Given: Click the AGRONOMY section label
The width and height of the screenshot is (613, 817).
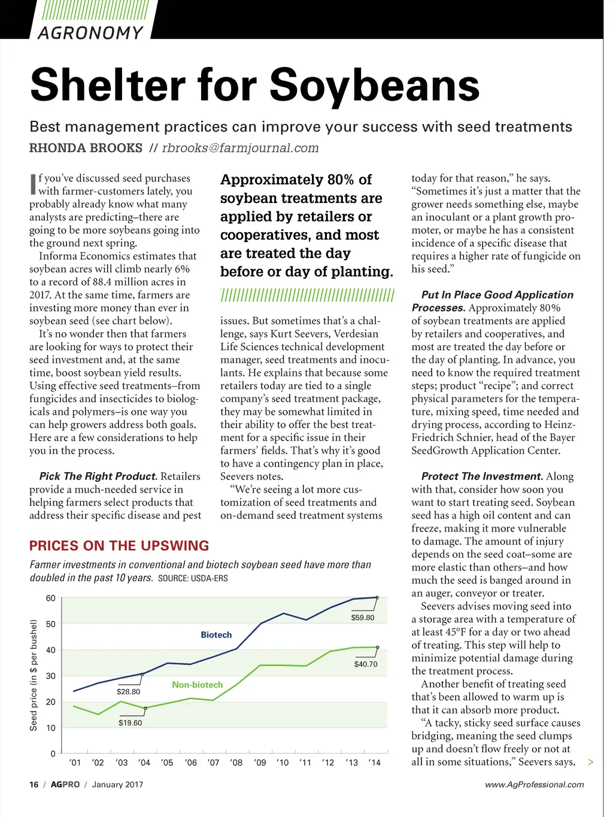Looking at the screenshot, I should coord(90,32).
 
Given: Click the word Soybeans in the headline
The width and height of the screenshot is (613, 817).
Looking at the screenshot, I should coord(375,85).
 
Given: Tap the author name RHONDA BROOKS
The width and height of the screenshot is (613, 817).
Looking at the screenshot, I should coord(86,148).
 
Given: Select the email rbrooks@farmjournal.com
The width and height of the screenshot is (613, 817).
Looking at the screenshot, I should coord(240,148).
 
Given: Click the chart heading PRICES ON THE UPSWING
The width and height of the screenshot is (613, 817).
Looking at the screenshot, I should coord(119,545).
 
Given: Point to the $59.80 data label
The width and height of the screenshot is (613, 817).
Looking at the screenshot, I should coord(362,618).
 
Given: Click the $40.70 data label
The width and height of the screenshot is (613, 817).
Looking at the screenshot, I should coord(366,664).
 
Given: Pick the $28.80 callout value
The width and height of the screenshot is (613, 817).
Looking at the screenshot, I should coord(128,691).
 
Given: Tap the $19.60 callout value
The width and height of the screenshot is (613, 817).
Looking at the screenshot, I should coord(130,722).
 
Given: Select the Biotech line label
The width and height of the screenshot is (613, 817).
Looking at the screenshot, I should coord(216,634).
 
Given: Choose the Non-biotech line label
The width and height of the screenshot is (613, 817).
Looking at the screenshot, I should coord(197,685).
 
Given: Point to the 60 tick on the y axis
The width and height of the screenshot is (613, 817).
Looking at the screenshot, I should coord(51,598).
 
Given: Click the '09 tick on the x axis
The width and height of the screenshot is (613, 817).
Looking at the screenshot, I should coord(260,763).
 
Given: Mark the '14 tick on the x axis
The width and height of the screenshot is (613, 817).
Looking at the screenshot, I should coord(374,763).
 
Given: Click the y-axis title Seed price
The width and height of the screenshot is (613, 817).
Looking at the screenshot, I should coord(34,675).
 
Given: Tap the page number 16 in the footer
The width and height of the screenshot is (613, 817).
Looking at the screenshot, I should coord(34,784).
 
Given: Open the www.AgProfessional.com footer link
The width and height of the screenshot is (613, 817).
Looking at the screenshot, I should coord(534,784).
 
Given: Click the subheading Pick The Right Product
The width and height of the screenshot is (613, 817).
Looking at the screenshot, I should coord(98,476).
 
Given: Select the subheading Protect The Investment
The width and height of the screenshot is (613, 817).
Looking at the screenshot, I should coord(482,476).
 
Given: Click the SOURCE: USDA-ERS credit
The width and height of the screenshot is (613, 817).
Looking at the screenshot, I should coord(193,578).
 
